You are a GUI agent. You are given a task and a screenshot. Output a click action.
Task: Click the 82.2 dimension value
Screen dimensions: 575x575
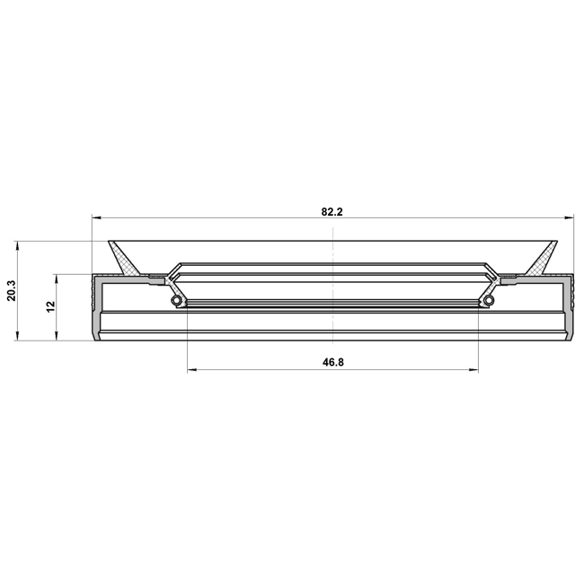pyautogui.click(x=332, y=212)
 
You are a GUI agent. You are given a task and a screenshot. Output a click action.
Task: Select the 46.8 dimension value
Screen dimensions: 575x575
pyautogui.click(x=333, y=362)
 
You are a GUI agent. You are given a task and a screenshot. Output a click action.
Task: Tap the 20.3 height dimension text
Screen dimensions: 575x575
pyautogui.click(x=12, y=291)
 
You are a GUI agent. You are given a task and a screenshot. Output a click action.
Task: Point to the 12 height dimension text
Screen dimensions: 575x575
pyautogui.click(x=50, y=306)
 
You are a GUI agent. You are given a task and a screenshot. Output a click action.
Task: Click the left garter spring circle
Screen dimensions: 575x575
pyautogui.click(x=177, y=300)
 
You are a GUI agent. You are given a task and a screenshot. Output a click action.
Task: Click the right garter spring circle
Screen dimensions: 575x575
pyautogui.click(x=489, y=300)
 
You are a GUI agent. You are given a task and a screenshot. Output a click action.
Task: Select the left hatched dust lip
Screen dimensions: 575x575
pyautogui.click(x=124, y=258)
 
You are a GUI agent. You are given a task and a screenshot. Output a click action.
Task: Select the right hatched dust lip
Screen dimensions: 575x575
pyautogui.click(x=542, y=258)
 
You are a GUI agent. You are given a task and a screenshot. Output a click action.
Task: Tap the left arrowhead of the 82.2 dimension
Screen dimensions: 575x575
pyautogui.click(x=96, y=217)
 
